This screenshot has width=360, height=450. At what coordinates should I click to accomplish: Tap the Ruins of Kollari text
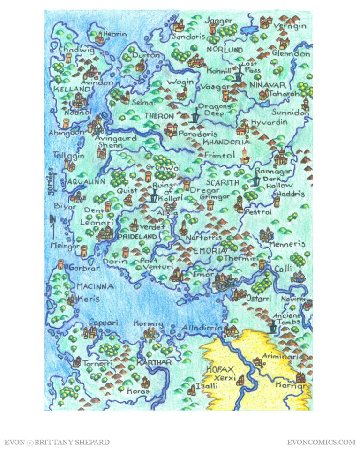tap(162, 192)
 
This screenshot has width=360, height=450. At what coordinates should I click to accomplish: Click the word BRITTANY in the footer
tap(59, 442)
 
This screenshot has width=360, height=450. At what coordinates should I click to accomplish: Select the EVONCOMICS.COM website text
tap(321, 442)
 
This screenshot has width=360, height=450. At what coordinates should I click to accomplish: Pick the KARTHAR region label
tap(154, 362)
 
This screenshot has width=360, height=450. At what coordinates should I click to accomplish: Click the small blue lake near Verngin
tap(248, 30)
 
